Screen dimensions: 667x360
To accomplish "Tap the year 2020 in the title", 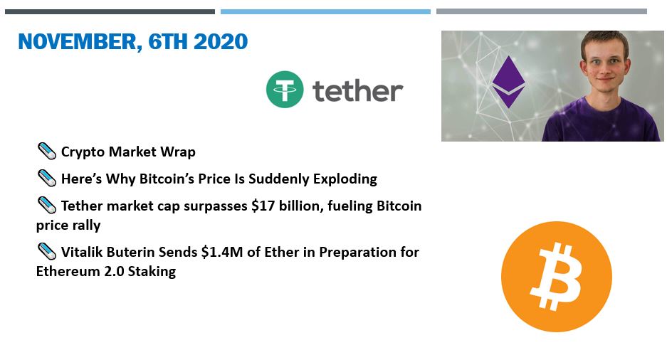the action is tap(221, 42).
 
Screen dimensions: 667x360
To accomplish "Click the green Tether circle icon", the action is tap(285, 89).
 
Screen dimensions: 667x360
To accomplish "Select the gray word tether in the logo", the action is tap(358, 90).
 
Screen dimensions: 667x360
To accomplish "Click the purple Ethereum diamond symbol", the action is tap(508, 82).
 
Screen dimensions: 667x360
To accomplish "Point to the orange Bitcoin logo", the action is tap(557, 276).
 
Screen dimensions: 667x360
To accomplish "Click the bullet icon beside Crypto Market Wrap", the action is tap(47, 152).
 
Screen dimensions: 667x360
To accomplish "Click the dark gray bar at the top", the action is tap(110, 12).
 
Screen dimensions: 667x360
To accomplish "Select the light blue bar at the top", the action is tap(325, 12).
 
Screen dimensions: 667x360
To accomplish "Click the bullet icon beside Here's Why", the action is tap(47, 178).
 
